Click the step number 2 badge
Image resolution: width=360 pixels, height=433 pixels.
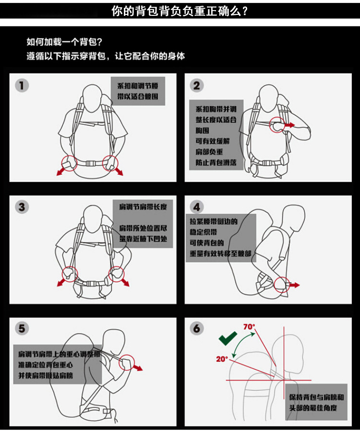tap(197, 86)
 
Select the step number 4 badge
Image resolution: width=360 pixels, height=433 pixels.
tap(197, 207)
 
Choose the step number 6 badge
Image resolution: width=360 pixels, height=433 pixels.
tap(197, 328)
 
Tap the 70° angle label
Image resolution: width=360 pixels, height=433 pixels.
tap(249, 327)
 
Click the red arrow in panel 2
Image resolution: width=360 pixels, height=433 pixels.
tap(289, 125)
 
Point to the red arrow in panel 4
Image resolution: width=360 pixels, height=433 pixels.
tap(294, 285)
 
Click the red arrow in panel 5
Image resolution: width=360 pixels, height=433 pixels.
tap(137, 367)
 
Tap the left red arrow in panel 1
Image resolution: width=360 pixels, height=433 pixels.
tap(62, 171)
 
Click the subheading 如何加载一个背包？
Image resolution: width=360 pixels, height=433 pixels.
tap(64, 42)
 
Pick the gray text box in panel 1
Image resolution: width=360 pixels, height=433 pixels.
tap(138, 91)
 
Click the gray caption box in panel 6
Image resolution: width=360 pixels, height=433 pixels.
tap(316, 402)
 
